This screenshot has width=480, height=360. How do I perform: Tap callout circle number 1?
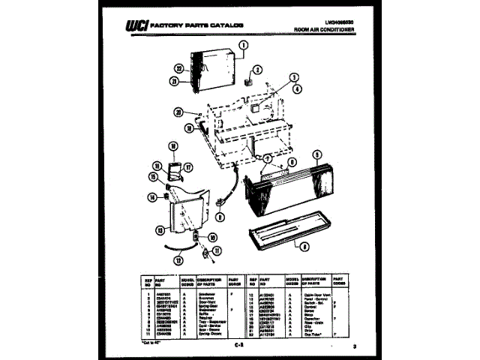[x=243, y=45]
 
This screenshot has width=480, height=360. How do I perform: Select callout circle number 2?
[x=257, y=70]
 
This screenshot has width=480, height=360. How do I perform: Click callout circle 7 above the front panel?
[x=266, y=158]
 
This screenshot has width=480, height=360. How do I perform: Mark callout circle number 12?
[x=178, y=261]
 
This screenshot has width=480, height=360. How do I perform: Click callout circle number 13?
[x=160, y=230]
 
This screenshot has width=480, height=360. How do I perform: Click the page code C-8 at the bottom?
[x=238, y=344]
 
